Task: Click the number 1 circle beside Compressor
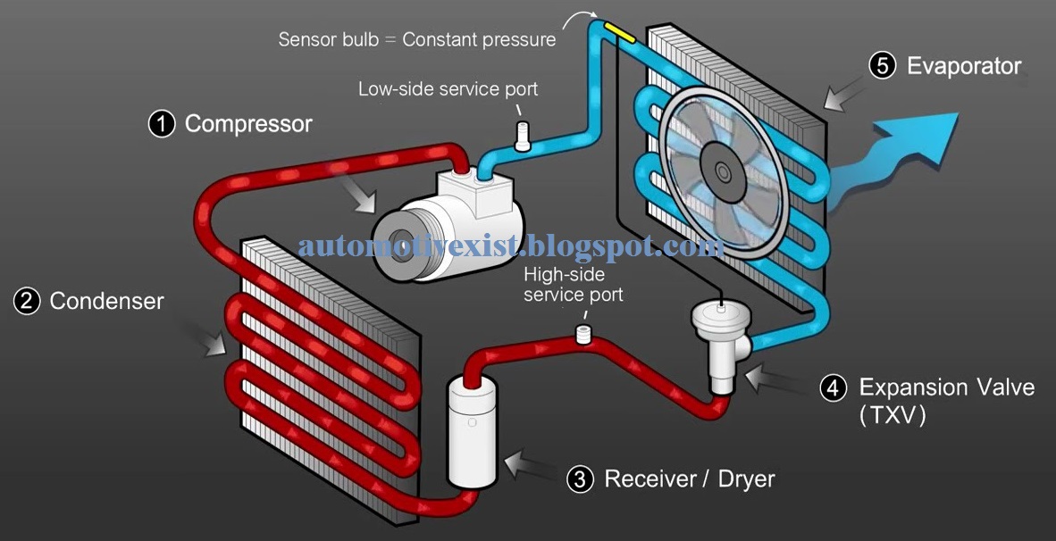click(x=162, y=123)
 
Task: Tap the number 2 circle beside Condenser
click(x=27, y=301)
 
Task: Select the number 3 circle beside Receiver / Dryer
click(x=580, y=479)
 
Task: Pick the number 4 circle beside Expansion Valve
click(x=834, y=387)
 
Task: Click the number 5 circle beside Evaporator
click(x=882, y=66)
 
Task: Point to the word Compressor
click(x=248, y=123)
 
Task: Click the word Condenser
click(x=106, y=301)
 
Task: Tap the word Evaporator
click(x=964, y=66)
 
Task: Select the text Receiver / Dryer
click(x=689, y=479)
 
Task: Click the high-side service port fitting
click(x=585, y=335)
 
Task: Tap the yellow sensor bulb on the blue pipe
click(x=619, y=34)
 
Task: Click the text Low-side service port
click(x=448, y=89)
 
